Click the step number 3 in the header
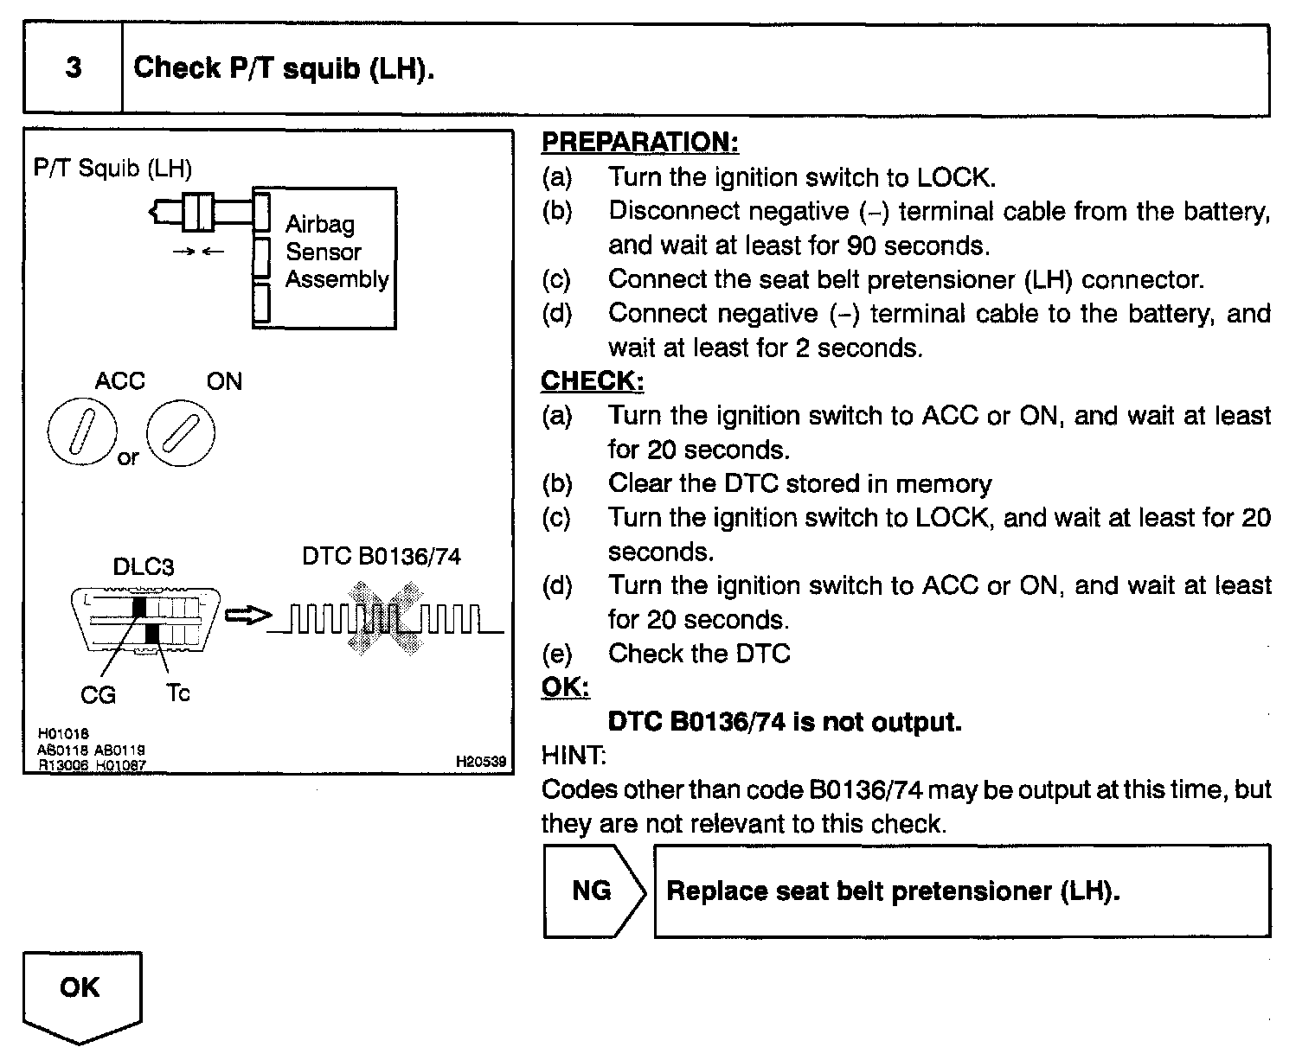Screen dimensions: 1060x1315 pyautogui.click(x=74, y=68)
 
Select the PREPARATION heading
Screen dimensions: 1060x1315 pyautogui.click(x=639, y=143)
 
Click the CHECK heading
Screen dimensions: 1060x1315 pyautogui.click(x=592, y=381)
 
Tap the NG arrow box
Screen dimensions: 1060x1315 pyautogui.click(x=593, y=891)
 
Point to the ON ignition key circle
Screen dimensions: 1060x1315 pyautogui.click(x=180, y=432)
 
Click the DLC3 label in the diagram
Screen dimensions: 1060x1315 pyautogui.click(x=144, y=566)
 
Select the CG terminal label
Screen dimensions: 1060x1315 pyautogui.click(x=98, y=694)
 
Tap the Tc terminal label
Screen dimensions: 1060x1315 pyautogui.click(x=177, y=693)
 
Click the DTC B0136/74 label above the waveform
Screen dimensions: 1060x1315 pyautogui.click(x=381, y=556)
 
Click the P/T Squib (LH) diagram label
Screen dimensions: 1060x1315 pyautogui.click(x=112, y=168)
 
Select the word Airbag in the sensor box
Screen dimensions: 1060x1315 pyautogui.click(x=320, y=225)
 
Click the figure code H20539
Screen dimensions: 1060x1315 pyautogui.click(x=480, y=763)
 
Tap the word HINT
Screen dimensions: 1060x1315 pyautogui.click(x=573, y=756)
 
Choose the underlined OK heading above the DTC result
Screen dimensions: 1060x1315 pyautogui.click(x=565, y=687)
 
